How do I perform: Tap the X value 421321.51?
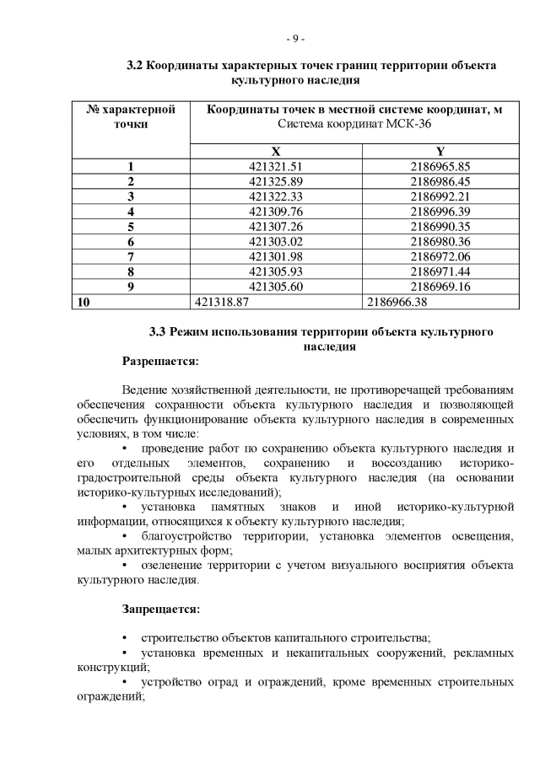[x=276, y=166]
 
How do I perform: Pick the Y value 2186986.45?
[x=440, y=181]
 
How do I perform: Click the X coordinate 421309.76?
[x=276, y=212]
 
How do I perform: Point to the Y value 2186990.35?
[x=440, y=227]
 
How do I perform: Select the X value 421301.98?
[x=276, y=257]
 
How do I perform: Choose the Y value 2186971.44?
[x=440, y=272]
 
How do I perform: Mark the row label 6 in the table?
[x=131, y=242]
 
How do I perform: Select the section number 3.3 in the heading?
[x=158, y=331]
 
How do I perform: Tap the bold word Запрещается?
[x=160, y=608]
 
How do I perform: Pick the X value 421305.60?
[x=276, y=287]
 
